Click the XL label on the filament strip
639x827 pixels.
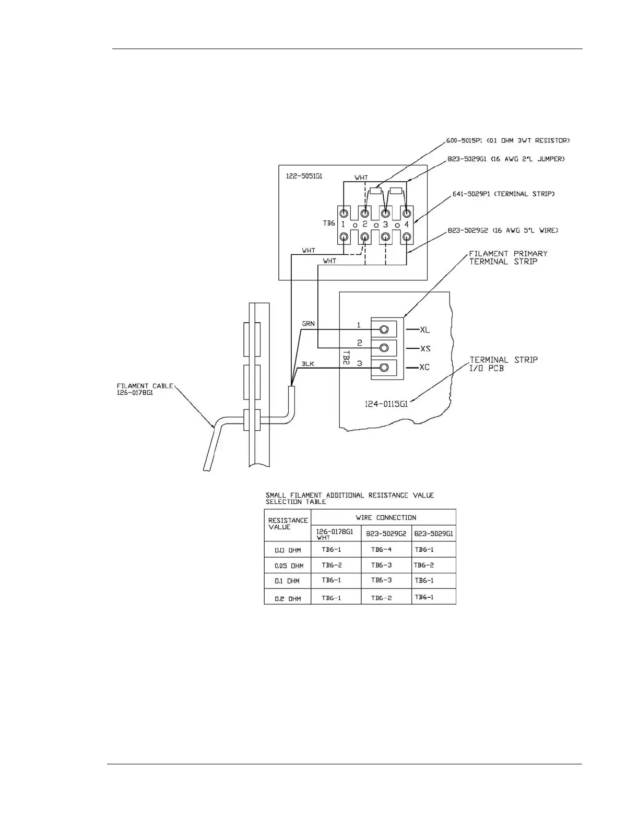[x=425, y=330]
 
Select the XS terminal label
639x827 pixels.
[x=425, y=349]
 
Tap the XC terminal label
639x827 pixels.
[x=425, y=368]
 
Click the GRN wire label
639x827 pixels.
[x=309, y=324]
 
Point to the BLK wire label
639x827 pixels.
[x=308, y=364]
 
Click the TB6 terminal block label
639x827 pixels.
[x=329, y=223]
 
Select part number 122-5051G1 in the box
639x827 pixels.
[x=304, y=176]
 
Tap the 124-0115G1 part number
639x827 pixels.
[x=386, y=404]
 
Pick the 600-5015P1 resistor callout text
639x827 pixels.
[x=507, y=140]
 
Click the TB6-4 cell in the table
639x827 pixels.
[x=381, y=549]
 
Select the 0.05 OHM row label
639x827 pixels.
[x=289, y=566]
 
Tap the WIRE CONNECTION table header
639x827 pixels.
[x=386, y=518]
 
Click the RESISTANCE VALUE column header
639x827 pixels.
[x=288, y=524]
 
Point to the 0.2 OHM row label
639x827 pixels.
[x=288, y=598]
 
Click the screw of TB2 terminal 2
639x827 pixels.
[x=384, y=348]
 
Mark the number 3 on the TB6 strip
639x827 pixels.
[x=385, y=225]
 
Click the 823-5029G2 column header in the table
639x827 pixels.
[x=386, y=534]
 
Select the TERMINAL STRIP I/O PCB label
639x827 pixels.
[x=503, y=364]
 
